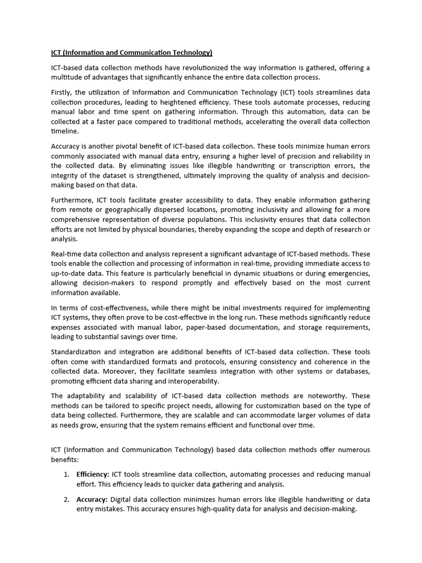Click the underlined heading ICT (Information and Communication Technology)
(x=131, y=53)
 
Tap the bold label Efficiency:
(x=93, y=474)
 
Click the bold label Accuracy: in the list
(x=92, y=499)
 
